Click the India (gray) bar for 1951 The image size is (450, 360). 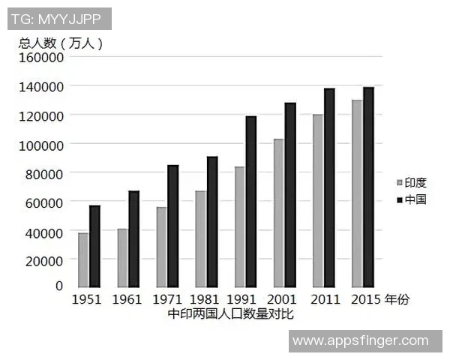83,259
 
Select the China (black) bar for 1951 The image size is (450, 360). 94,246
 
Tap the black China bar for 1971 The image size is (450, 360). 172,226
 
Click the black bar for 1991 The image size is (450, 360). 250,201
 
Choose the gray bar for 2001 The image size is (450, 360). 278,212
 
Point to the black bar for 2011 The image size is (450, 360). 328,187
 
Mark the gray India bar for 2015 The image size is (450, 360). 356,193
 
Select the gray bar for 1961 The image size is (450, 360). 122,257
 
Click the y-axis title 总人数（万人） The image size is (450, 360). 61,43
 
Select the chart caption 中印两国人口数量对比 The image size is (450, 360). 230,314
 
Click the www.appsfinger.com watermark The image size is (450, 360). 361,341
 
